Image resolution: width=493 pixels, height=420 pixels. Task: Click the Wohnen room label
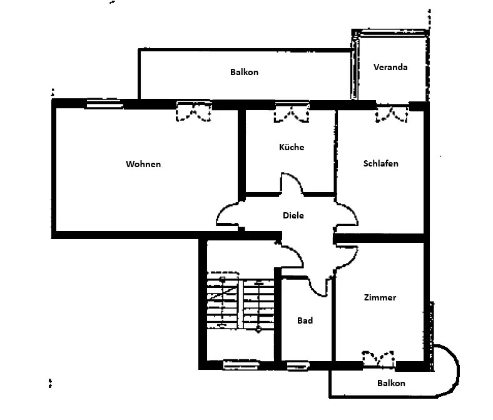143,165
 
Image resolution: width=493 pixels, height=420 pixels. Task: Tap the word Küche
292,148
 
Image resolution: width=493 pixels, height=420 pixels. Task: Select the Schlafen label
380,164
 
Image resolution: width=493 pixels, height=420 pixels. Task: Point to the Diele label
293,215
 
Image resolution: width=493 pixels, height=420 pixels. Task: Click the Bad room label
305,320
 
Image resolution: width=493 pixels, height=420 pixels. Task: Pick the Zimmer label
380,298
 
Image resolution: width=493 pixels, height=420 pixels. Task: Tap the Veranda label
390,67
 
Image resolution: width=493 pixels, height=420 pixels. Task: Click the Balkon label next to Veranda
244,73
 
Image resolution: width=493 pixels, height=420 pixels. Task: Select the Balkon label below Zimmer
391,383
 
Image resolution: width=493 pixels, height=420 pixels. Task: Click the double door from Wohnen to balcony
193,111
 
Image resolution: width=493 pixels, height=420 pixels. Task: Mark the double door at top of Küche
291,112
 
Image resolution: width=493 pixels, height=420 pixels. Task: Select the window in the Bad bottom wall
298,365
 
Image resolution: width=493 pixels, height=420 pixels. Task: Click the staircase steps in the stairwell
240,304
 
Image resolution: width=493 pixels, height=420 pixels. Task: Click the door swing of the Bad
320,284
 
